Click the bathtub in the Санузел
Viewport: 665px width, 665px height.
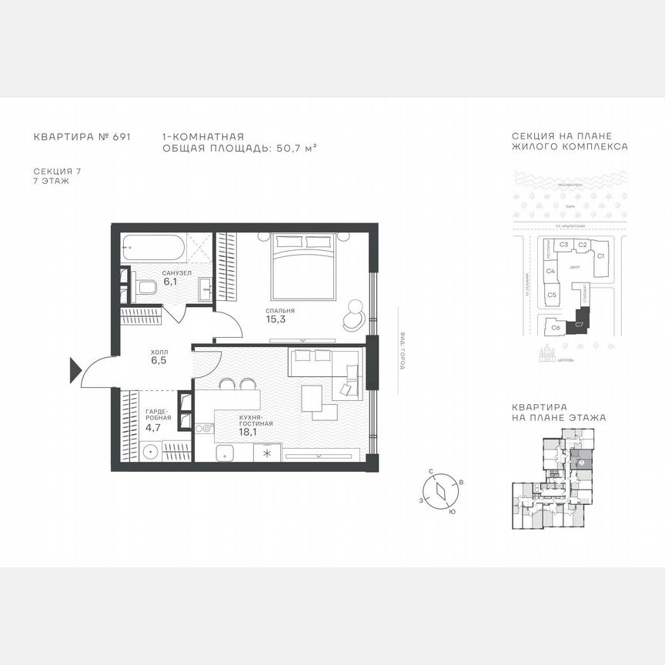[153, 247]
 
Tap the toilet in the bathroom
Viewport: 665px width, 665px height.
[146, 288]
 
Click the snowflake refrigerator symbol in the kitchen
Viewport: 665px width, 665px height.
[267, 453]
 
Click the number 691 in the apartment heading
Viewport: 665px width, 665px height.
[121, 135]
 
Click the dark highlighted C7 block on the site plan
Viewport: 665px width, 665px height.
[580, 326]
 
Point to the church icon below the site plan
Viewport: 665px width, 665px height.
[550, 354]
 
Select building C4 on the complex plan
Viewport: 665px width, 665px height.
[551, 271]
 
